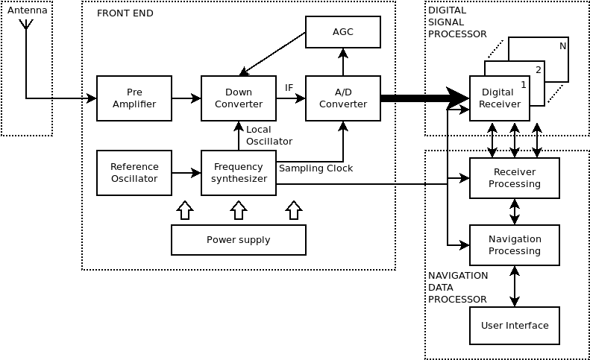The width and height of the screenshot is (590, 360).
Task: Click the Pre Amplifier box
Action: click(x=134, y=98)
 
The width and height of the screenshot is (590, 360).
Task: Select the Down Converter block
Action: click(x=239, y=98)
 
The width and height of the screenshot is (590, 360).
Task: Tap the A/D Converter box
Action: click(x=343, y=98)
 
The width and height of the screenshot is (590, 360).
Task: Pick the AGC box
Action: click(x=343, y=32)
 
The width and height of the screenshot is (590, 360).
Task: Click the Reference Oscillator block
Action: click(x=134, y=173)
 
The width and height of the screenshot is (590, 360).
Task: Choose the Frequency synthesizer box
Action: click(x=239, y=173)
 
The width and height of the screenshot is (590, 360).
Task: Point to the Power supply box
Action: click(x=239, y=240)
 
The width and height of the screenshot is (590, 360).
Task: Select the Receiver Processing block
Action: click(x=515, y=178)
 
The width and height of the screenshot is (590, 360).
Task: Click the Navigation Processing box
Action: click(x=515, y=245)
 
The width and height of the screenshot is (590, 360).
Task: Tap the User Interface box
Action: click(x=515, y=326)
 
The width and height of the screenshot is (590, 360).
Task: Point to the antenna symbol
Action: click(x=26, y=25)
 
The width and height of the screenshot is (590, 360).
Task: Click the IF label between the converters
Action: click(x=289, y=88)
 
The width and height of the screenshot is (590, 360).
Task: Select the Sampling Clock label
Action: click(x=316, y=168)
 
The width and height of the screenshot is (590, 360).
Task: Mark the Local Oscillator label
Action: click(x=269, y=135)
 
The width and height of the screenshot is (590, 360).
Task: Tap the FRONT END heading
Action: click(x=125, y=13)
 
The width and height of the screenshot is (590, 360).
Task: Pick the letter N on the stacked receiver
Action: click(x=562, y=46)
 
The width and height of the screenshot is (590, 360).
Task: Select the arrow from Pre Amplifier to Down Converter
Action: click(x=186, y=98)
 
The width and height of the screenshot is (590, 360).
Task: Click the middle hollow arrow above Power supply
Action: click(x=239, y=210)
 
